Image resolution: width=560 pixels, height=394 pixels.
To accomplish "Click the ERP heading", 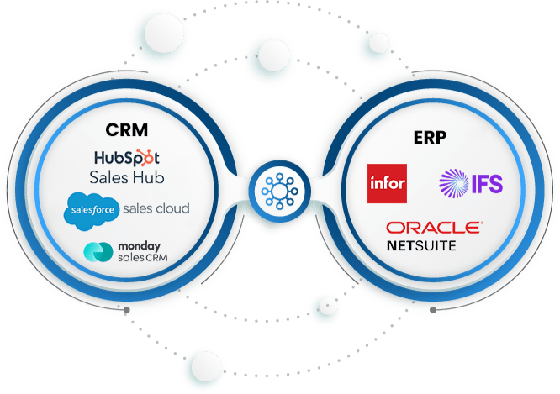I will tap(431, 136).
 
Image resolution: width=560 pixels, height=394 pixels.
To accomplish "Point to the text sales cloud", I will tap(156, 208).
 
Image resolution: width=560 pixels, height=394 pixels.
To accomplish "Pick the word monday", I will tap(139, 246).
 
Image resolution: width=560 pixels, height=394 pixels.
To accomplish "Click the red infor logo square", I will tap(387, 183).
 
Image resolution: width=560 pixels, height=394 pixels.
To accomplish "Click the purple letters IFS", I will tap(489, 184).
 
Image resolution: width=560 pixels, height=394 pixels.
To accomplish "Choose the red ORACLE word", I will tap(434, 228).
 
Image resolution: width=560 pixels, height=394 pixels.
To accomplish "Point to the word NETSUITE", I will tap(422, 245).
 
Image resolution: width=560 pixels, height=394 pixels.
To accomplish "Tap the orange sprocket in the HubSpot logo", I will tap(144, 156).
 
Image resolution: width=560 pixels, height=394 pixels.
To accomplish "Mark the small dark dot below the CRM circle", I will tap(127, 312).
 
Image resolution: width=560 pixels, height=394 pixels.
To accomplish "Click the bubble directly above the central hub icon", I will tap(271, 55).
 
